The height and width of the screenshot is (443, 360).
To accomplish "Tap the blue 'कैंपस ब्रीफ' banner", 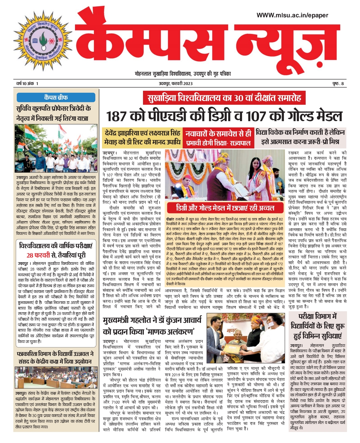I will (x=56, y=97).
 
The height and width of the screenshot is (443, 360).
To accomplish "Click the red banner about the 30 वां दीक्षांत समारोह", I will (x=224, y=98).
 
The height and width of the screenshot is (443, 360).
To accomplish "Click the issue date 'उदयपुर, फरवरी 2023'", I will (x=175, y=84).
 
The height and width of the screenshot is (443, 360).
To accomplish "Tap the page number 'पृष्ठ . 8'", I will (x=337, y=84).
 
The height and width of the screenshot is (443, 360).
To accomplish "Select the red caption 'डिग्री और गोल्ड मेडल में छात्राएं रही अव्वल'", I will (x=225, y=208).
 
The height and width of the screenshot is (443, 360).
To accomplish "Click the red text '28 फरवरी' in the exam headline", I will (x=39, y=256).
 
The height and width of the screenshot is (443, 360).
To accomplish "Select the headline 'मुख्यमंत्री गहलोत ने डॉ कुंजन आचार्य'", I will (x=152, y=320).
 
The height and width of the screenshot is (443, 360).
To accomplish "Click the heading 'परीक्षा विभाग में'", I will (x=318, y=316).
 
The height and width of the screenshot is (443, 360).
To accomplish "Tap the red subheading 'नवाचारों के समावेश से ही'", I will (x=218, y=133).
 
